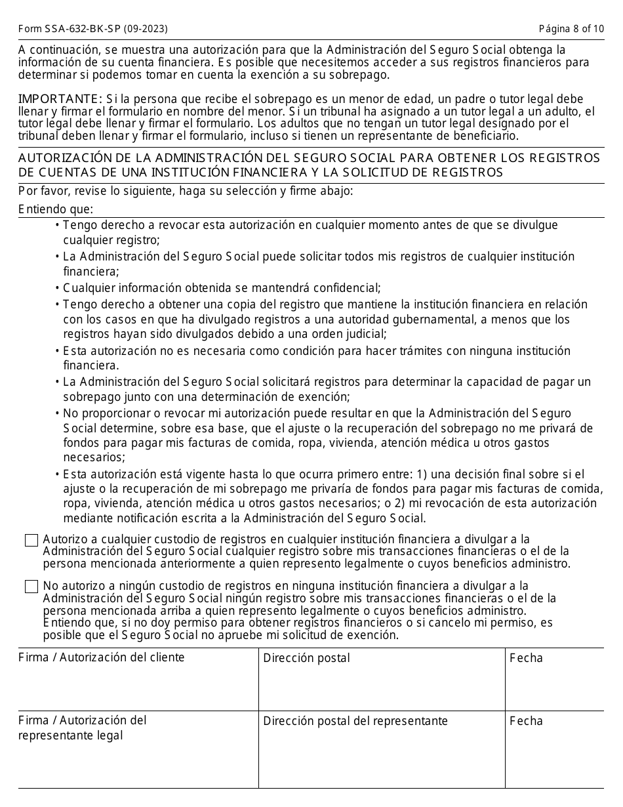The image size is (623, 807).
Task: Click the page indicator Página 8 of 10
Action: (x=571, y=29)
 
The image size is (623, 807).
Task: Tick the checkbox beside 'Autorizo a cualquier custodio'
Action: (x=31, y=541)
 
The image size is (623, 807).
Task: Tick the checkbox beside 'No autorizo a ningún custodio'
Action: (x=31, y=587)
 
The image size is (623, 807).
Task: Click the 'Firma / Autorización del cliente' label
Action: (x=101, y=657)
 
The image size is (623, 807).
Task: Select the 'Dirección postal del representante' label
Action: (x=355, y=721)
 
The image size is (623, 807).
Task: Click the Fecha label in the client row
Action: (x=526, y=658)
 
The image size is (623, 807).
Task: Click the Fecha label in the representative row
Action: (x=526, y=721)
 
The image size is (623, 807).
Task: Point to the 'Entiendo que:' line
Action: (x=56, y=209)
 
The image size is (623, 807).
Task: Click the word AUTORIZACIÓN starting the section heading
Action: (x=62, y=158)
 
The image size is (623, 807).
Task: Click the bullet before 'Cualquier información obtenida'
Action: (x=58, y=288)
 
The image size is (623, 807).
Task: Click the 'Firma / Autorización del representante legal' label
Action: (x=82, y=728)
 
